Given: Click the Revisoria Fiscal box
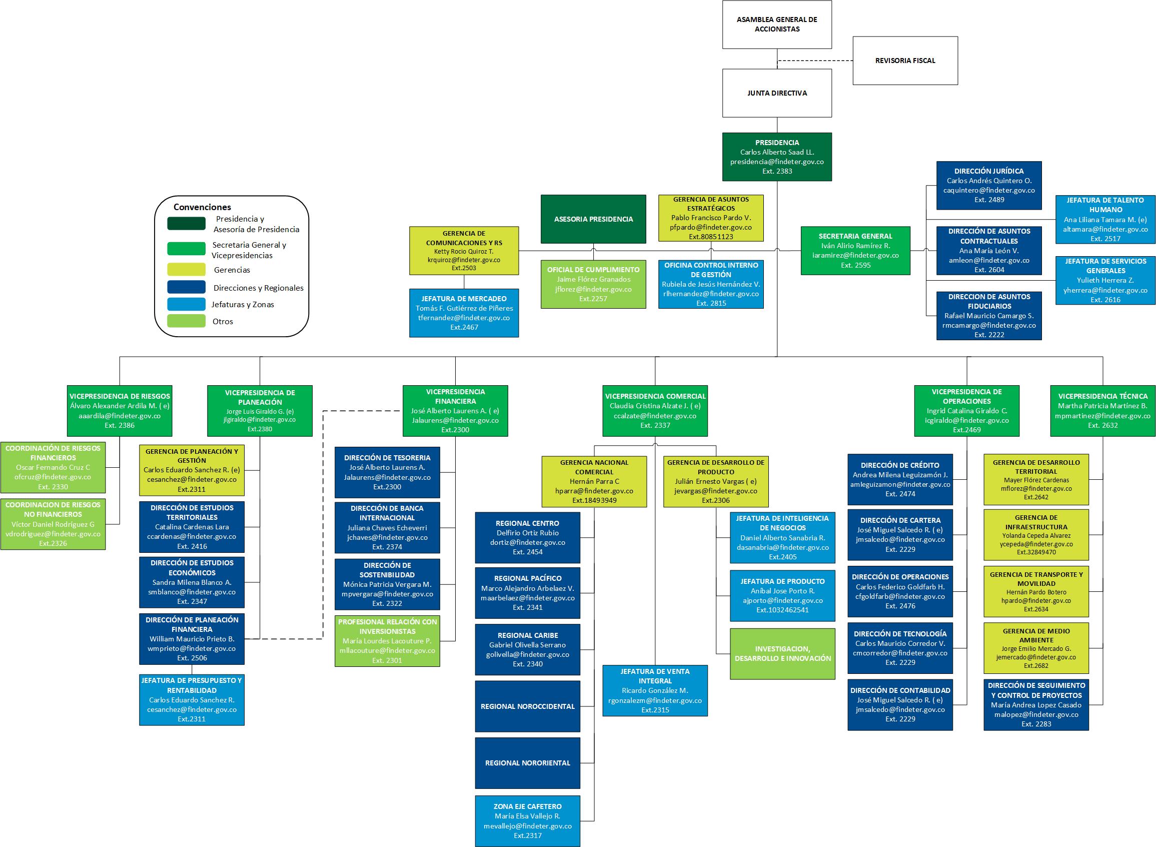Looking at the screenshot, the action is [x=905, y=61].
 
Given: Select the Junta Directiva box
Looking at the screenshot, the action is [x=777, y=94].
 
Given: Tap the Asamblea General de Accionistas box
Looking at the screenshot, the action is [x=777, y=25].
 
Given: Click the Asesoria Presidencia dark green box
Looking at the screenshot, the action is [x=594, y=219].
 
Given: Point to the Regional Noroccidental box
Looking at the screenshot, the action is [x=528, y=706].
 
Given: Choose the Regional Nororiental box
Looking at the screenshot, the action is [x=528, y=763].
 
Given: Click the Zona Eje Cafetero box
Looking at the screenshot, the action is [x=528, y=821].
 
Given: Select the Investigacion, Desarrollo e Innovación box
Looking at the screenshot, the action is [x=783, y=654].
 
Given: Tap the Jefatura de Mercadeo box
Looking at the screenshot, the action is [x=464, y=313].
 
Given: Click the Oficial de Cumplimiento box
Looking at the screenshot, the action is [x=594, y=284].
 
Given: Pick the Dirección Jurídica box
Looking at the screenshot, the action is [x=989, y=186].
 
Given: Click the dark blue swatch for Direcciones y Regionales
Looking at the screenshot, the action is [x=186, y=287].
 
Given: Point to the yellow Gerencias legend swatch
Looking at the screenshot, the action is [x=186, y=270].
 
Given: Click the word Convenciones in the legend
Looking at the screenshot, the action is [x=202, y=207].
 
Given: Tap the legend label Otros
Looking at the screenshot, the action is [x=223, y=322].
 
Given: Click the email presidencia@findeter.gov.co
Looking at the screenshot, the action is [x=777, y=162].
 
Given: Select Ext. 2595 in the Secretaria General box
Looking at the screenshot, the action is [x=855, y=265].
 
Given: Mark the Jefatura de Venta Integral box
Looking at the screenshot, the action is [x=655, y=690].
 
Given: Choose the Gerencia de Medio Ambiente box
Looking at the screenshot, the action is [x=1036, y=648].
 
